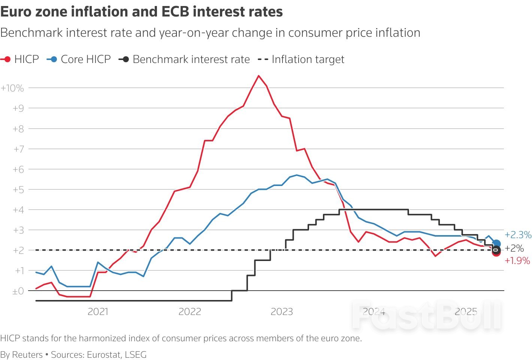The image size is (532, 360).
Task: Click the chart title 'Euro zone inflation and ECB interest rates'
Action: [x=142, y=12]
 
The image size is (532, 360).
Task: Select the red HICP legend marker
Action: [x=7, y=59]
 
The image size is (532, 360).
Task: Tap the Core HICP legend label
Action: [x=86, y=59]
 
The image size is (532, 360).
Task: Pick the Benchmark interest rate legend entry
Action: [x=191, y=59]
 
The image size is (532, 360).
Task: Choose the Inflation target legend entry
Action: [x=308, y=59]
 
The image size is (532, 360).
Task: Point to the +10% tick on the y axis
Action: [x=12, y=88]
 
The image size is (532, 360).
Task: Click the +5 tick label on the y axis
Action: [x=18, y=190]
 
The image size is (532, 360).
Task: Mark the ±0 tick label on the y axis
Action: [x=18, y=291]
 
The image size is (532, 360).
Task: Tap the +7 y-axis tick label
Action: [x=18, y=149]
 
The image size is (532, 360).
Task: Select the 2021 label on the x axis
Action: [x=98, y=312]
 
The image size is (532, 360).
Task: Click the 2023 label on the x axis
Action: [x=282, y=312]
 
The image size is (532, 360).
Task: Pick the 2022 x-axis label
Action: [x=190, y=312]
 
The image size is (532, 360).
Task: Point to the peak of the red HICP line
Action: [x=259, y=76]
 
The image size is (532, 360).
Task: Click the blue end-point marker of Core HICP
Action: [x=496, y=244]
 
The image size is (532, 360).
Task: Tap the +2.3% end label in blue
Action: [x=518, y=235]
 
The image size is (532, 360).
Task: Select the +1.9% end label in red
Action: [x=517, y=261]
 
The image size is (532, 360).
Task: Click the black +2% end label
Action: [x=514, y=248]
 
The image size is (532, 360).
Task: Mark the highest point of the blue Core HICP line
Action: [x=297, y=175]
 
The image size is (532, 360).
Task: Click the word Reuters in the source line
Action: [x=27, y=355]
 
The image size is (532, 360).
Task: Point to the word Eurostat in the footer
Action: [x=102, y=355]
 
